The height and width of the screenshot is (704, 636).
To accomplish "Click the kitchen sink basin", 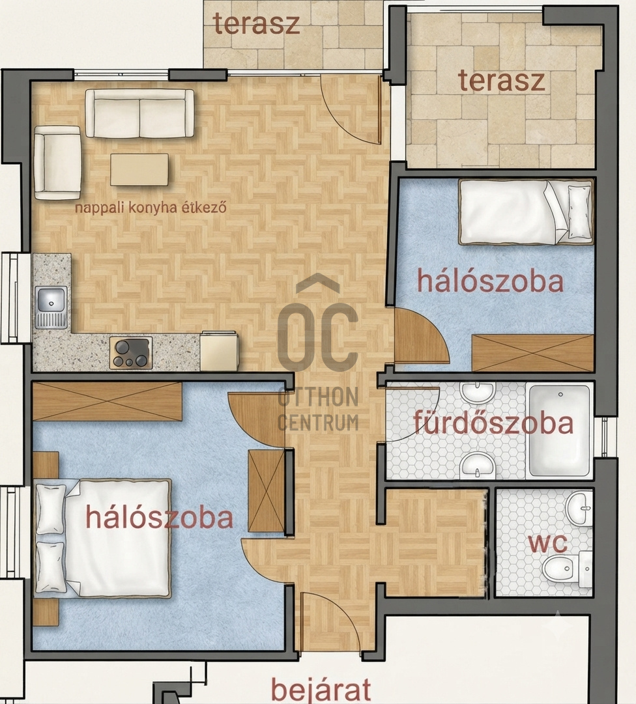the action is coord(51,298).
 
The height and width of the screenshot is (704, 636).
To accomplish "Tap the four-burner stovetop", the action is coord(131,353).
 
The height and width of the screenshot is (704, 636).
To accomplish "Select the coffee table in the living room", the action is coord(139,170).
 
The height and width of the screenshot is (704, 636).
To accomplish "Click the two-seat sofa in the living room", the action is coord(139,113).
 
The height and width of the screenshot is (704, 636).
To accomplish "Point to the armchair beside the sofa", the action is coord(57,163).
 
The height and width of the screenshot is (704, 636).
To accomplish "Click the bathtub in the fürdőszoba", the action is coord(560,430).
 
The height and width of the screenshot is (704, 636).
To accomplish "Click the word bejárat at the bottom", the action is coord(322,688).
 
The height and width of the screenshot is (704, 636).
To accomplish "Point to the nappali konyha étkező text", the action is coord(151,208).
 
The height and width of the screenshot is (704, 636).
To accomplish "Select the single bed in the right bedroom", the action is coord(525,212).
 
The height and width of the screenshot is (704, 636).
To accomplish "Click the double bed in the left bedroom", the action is coord(104,539).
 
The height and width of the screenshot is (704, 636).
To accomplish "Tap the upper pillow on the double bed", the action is coord(51,508).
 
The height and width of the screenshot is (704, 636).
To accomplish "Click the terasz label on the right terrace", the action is coord(501,81).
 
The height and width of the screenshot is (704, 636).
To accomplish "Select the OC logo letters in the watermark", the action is coord(317,335).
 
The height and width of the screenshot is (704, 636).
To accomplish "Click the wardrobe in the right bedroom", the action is coord(533,353).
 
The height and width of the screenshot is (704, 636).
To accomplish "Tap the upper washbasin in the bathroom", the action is coord(478,393).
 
